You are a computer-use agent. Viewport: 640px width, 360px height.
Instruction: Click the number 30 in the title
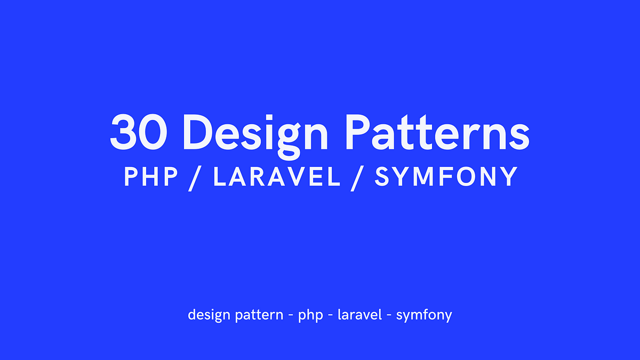point(138,131)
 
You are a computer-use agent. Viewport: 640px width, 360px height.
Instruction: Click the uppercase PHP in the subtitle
point(151,177)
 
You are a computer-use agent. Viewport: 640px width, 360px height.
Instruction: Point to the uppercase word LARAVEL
point(277,177)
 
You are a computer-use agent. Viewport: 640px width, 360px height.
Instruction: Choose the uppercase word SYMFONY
point(446,177)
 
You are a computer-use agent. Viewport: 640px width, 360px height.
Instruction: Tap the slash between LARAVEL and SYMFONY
point(357,178)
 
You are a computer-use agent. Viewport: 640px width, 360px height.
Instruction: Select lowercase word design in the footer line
point(205,315)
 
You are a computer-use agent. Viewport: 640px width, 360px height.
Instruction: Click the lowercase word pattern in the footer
point(259,315)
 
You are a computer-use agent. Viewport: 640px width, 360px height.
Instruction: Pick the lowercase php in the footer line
point(310,315)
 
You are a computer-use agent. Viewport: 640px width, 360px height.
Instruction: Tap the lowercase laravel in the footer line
point(359,314)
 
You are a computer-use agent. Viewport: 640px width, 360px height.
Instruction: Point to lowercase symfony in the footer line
point(424,315)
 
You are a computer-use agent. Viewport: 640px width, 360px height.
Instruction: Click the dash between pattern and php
point(291,315)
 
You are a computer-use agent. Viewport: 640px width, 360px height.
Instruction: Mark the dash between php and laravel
point(331,315)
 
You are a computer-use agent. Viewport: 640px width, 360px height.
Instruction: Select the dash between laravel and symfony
point(389,315)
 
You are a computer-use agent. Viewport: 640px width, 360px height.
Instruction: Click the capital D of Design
point(198,131)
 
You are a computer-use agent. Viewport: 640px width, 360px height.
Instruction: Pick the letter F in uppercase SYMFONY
point(445,177)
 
